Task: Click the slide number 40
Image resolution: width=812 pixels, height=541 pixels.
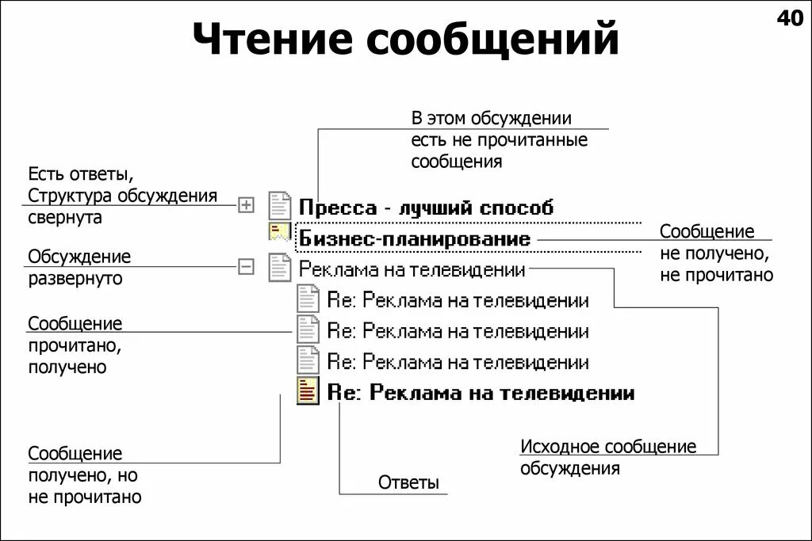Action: point(790,19)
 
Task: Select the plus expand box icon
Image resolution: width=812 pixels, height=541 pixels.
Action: point(247,205)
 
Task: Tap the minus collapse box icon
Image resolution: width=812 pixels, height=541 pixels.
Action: point(247,267)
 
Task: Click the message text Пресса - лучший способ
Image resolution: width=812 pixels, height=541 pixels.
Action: point(426,208)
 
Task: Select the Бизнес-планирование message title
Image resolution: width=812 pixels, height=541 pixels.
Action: point(413,238)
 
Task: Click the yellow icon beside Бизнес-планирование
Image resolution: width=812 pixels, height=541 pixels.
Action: point(278,233)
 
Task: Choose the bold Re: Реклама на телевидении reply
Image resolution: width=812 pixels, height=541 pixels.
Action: point(481,393)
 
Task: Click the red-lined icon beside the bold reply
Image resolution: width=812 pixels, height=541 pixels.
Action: point(308,391)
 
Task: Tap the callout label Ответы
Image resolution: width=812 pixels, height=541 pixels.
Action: point(408,483)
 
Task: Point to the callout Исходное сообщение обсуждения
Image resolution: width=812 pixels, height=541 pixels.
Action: point(607,457)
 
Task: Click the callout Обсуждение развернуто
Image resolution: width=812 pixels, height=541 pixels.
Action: point(79,268)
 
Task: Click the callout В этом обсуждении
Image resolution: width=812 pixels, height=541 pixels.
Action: point(499,140)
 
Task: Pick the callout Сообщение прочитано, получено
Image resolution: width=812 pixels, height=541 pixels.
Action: point(75,345)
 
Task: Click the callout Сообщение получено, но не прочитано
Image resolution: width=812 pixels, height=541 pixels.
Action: point(85,475)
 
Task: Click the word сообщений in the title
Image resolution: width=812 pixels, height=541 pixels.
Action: point(492,40)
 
